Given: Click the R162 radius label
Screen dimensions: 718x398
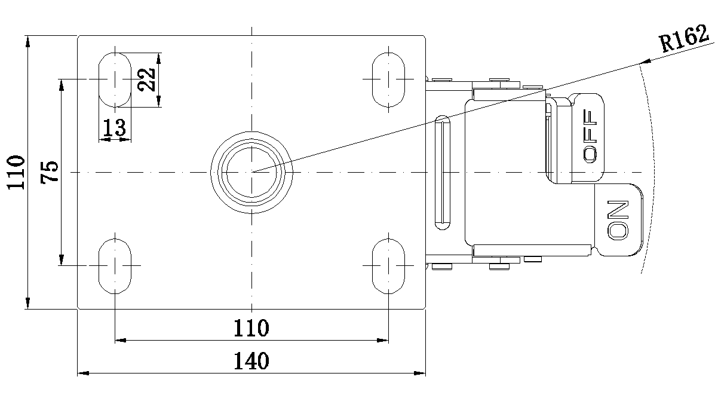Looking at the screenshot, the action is [684, 39].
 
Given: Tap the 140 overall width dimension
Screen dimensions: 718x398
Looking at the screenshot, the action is [251, 361].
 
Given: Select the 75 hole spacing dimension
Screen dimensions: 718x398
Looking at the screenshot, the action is [50, 172].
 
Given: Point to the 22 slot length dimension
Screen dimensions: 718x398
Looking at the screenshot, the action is [146, 79].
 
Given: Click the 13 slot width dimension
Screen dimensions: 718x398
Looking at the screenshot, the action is [115, 127].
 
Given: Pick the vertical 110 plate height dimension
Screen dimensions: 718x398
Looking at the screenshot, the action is [16, 173].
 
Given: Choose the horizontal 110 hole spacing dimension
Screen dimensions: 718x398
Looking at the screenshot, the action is [251, 327].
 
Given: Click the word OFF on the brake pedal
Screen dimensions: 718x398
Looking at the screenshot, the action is [590, 136].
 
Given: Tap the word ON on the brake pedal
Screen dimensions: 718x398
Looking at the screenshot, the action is [618, 220].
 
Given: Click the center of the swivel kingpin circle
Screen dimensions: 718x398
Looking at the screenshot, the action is [251, 173].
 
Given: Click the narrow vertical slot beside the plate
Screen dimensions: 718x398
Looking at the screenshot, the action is [443, 173].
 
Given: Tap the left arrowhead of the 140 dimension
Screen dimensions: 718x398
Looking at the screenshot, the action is [83, 373].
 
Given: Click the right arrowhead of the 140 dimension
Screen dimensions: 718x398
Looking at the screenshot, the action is [420, 373].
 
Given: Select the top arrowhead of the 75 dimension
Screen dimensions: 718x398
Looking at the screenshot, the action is [62, 85].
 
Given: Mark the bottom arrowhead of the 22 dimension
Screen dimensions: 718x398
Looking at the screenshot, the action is [158, 102].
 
